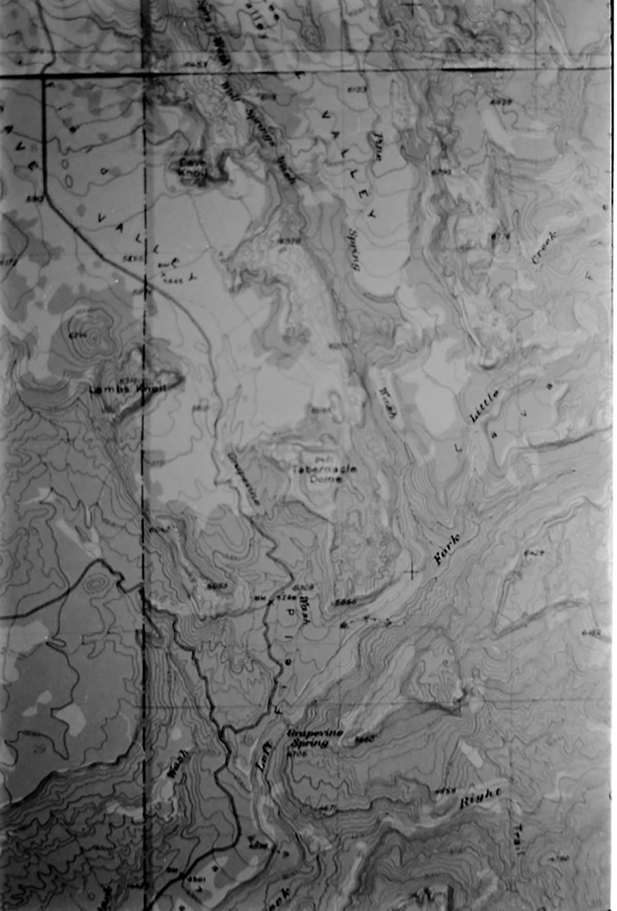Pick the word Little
coord(484,406)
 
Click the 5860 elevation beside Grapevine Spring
coord(364,739)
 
